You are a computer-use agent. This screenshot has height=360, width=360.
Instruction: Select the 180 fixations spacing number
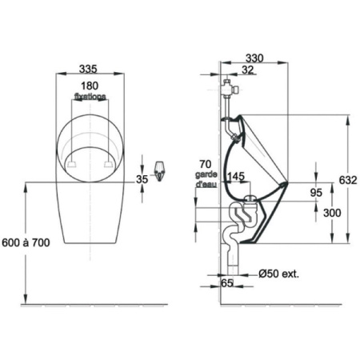click(x=90, y=85)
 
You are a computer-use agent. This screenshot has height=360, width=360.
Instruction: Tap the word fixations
click(x=90, y=95)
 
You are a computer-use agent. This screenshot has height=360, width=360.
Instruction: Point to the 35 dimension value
click(x=142, y=179)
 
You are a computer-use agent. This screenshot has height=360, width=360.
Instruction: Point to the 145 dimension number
click(x=236, y=176)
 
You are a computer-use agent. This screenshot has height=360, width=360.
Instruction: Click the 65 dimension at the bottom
click(x=226, y=283)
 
